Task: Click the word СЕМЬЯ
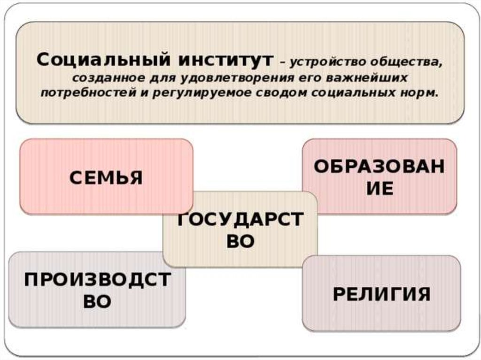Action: click(106, 178)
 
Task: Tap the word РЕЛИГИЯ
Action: click(381, 294)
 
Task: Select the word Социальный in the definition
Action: click(100, 61)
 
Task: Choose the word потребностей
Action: click(91, 92)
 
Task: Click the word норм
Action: click(422, 92)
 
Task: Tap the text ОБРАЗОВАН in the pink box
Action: click(379, 167)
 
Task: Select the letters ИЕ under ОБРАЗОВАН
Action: click(379, 189)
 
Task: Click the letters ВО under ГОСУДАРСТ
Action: click(240, 241)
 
